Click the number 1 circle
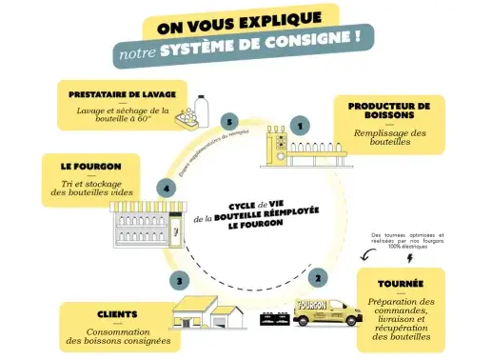click(301, 125)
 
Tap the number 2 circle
click(317, 278)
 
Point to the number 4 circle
click(167, 189)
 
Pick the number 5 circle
click(227, 121)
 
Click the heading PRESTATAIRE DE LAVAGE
click(123, 95)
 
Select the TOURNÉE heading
click(400, 284)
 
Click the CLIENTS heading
click(116, 314)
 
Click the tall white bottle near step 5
click(202, 110)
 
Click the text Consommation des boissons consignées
click(118, 335)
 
